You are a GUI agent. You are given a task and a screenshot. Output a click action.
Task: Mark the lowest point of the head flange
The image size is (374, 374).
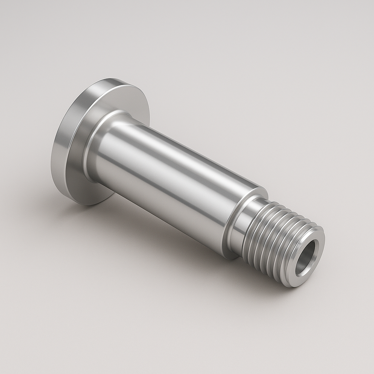point(88,205)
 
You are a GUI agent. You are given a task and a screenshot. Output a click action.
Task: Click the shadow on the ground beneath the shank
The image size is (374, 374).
point(175,234)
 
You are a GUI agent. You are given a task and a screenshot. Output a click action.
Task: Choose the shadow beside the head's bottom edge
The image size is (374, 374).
point(106,205)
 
